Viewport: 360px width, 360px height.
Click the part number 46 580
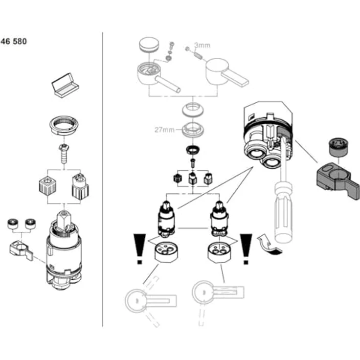14,42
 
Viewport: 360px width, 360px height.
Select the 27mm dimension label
164,130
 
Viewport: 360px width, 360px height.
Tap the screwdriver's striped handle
283,210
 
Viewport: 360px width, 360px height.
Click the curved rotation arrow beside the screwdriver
270,245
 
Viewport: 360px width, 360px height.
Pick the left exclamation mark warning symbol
140,247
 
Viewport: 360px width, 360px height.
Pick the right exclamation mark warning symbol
246,247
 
